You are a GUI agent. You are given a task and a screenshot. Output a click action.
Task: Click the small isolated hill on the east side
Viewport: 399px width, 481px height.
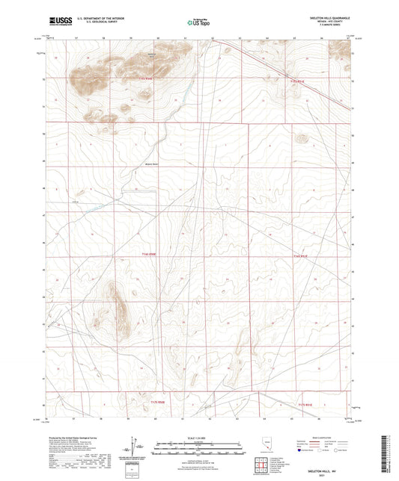302,137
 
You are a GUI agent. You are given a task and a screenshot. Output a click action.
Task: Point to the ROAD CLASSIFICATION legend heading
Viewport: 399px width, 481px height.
329,439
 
